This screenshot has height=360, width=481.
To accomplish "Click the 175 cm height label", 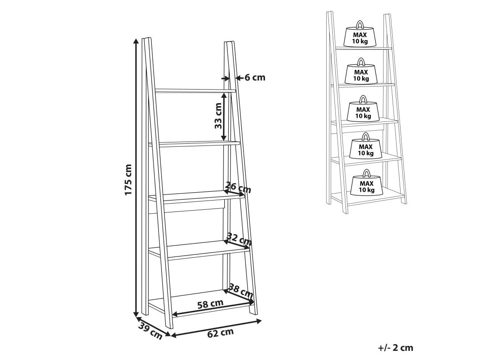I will [x=128, y=180].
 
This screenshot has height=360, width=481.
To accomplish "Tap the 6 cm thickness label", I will [x=254, y=78].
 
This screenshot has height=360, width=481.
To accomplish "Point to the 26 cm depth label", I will [x=238, y=187].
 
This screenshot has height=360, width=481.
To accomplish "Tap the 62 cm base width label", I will [x=220, y=333].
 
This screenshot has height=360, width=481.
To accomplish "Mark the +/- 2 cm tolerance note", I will [x=395, y=348].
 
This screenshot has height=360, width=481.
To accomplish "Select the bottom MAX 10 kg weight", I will [x=366, y=184].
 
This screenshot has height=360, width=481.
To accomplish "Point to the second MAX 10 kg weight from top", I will [x=361, y=74].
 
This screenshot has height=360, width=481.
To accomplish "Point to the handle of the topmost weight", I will [x=360, y=24].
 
